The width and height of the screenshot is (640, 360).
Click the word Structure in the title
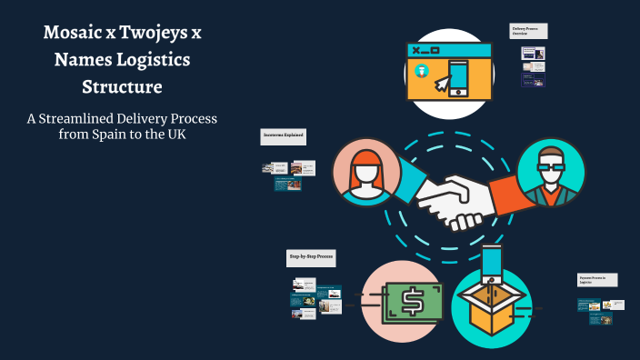[122, 87]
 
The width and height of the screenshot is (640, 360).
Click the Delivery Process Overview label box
[528, 31]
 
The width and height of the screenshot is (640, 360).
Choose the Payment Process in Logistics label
[598, 279]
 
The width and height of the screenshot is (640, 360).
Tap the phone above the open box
[492, 261]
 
